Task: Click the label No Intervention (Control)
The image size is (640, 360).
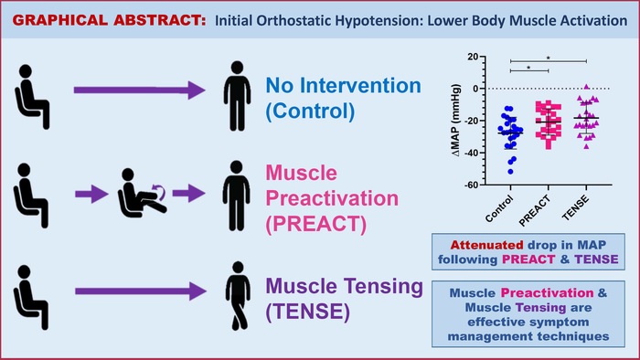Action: coord(343,100)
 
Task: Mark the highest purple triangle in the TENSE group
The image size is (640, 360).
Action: coord(587,87)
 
